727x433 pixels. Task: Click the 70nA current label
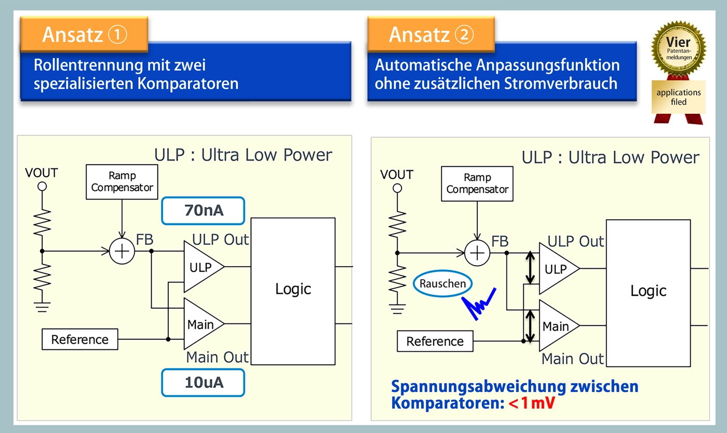[203, 211]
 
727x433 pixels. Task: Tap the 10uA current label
[203, 382]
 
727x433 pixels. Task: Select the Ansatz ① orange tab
[84, 34]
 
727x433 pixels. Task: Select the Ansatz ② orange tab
[431, 34]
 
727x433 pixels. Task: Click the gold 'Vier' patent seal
[678, 49]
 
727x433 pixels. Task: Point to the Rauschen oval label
[443, 284]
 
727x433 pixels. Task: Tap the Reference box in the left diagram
[80, 339]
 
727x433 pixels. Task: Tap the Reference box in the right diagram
[435, 342]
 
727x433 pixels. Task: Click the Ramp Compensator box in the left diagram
[122, 182]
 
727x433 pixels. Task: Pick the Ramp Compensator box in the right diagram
[477, 183]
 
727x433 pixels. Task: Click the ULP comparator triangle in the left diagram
[201, 267]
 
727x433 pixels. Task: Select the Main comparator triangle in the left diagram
[201, 324]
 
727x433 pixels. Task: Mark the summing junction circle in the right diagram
[477, 253]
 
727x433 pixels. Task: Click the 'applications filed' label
[678, 97]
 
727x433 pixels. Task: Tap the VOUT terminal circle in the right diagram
[397, 188]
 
